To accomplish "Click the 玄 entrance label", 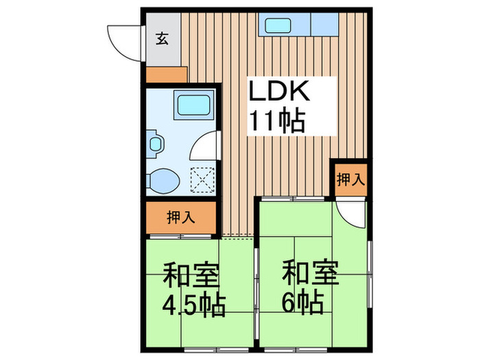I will tap(162, 38).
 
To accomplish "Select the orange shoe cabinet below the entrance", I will tap(166, 75).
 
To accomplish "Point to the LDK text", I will tap(280, 93).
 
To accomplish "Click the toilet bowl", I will tap(165, 180).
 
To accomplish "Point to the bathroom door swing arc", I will tap(204, 145).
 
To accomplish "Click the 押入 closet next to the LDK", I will tap(350, 180).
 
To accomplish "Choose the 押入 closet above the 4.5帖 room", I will tap(182, 218).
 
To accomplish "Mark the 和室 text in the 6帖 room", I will tap(310, 272).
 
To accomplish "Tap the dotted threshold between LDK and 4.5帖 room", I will tap(237, 238).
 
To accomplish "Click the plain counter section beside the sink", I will tap(325, 26).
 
